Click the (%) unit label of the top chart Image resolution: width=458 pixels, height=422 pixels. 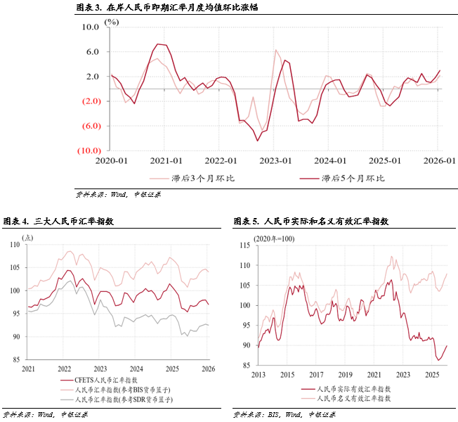pos(112,22)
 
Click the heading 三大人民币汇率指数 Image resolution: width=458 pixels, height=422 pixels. pos(74,222)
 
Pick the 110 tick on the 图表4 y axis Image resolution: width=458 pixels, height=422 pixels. pos(15,244)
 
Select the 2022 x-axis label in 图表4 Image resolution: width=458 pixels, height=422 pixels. pos(64,369)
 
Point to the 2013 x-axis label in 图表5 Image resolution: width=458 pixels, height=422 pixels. pos(258,374)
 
